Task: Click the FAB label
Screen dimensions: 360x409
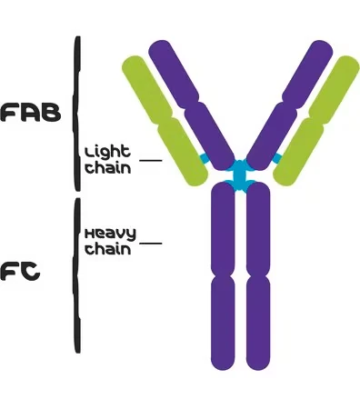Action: (31, 113)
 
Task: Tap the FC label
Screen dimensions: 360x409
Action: (20, 272)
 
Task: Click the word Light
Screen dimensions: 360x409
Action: (107, 152)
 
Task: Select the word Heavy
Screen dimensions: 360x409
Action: (110, 234)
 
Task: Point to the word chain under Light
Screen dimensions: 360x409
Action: (108, 167)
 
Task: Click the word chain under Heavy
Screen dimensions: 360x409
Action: (108, 248)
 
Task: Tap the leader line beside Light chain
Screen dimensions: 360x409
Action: (151, 160)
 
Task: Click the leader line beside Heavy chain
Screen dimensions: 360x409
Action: (151, 243)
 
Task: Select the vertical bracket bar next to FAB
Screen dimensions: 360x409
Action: (77, 114)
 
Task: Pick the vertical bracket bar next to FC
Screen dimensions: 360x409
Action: (77, 275)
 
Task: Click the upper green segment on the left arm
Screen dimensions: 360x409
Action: (147, 88)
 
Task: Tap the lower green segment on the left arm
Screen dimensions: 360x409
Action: (183, 152)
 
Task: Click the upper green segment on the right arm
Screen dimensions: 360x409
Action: (335, 88)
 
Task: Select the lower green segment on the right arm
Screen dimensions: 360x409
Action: (298, 152)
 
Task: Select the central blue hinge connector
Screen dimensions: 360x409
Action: (240, 176)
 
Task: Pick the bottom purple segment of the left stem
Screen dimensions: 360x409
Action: (223, 323)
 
